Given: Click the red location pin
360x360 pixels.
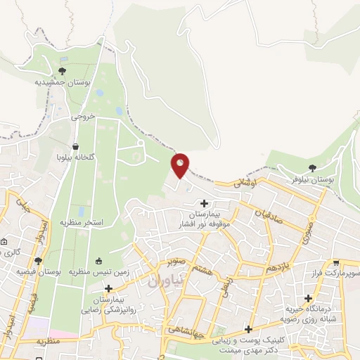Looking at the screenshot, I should [181, 165].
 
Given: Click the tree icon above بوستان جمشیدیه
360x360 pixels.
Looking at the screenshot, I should [63, 71].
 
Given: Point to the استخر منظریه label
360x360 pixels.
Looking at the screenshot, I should [82, 222].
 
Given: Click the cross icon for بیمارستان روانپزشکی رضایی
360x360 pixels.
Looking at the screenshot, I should [108, 288].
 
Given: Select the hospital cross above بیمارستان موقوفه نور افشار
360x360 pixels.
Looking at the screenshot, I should [204, 202].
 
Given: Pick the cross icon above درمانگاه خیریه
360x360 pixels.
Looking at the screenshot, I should [308, 298].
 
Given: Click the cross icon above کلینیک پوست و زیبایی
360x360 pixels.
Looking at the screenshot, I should [248, 329].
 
